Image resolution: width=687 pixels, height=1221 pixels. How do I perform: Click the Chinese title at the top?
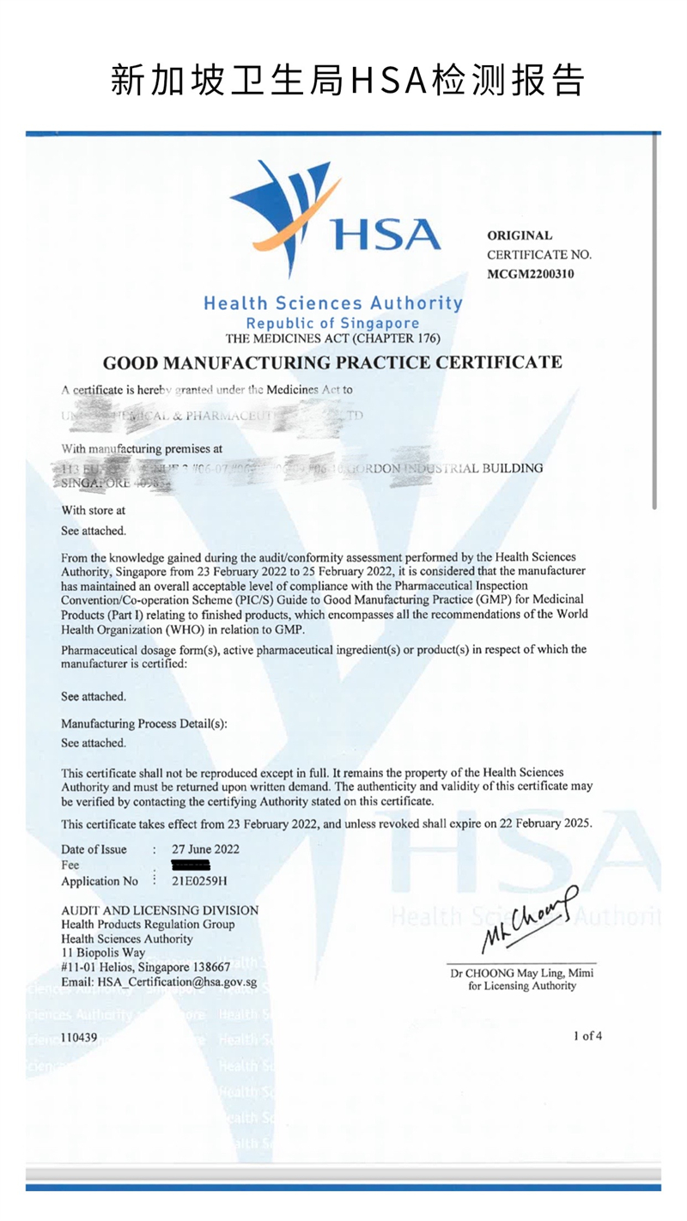tap(348, 80)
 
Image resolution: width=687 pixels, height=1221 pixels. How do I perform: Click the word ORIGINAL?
tap(520, 235)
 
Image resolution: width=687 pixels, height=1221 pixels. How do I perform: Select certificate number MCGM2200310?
tap(531, 274)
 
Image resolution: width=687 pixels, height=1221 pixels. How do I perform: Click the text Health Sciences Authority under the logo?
tap(332, 303)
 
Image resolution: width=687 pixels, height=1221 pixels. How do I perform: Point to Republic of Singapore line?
tap(332, 324)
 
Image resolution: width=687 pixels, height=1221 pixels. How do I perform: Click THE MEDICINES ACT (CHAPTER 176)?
tap(332, 339)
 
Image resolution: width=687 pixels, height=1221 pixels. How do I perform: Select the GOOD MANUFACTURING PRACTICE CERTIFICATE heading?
tap(332, 362)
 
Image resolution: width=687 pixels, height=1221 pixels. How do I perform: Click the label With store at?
tap(93, 510)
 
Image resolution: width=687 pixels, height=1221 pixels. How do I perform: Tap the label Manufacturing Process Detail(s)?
tap(144, 724)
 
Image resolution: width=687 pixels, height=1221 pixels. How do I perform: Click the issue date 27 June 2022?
tap(199, 849)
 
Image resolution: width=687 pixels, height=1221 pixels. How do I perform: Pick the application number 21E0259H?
tap(194, 881)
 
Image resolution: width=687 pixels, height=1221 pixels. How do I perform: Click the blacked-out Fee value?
tap(197, 864)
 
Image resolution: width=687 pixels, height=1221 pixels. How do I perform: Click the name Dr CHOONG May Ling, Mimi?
tap(521, 973)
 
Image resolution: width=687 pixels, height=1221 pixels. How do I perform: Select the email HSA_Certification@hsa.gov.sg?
tap(159, 982)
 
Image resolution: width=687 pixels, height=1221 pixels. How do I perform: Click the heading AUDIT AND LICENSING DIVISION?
tap(160, 910)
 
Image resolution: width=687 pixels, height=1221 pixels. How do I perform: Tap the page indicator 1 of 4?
tap(587, 1036)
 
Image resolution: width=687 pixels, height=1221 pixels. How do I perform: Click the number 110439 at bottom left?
tap(79, 1037)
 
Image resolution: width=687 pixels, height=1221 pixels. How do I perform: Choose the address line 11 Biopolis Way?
tap(103, 953)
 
